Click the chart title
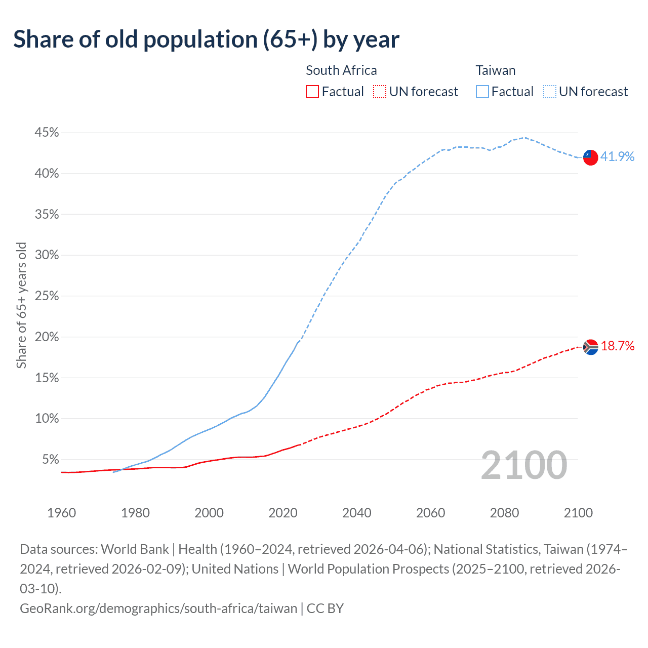(206, 39)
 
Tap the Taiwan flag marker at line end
(590, 157)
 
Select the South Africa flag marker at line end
(590, 347)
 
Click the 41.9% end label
(617, 156)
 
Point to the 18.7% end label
(617, 346)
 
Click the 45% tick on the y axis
(47, 133)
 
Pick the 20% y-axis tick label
(47, 337)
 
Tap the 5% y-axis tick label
(50, 460)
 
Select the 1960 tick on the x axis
(61, 513)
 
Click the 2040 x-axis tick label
(356, 513)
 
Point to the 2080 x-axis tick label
(504, 513)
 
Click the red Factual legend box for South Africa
(312, 92)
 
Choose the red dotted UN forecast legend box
(380, 92)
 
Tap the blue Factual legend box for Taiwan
(482, 92)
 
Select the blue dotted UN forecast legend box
(550, 92)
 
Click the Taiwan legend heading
(495, 70)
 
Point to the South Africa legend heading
(341, 70)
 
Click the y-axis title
(21, 305)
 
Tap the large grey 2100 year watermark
(523, 465)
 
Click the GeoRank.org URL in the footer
(158, 608)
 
